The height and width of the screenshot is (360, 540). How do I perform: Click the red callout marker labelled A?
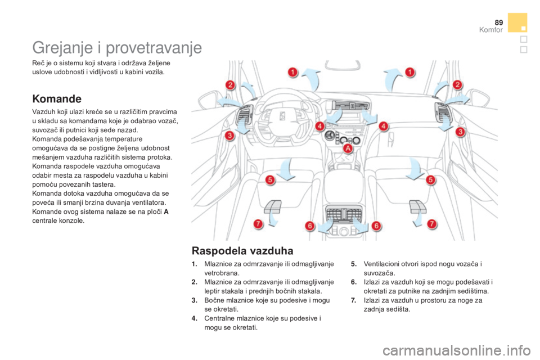click(348, 148)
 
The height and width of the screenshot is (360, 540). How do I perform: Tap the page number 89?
click(499, 22)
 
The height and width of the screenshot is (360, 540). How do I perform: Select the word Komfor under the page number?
click(490, 30)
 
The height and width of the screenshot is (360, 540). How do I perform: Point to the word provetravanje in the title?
click(154, 48)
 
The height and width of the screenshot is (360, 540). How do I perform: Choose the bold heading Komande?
click(57, 99)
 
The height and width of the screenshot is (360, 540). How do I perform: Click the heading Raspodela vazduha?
click(242, 250)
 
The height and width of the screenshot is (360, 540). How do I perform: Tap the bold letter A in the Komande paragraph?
click(166, 211)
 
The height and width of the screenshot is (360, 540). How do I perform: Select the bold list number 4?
click(195, 318)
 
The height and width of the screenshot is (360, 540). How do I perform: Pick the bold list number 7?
click(354, 300)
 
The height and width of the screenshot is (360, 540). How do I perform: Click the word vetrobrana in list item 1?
click(221, 273)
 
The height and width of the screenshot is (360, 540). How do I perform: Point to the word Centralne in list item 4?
click(219, 318)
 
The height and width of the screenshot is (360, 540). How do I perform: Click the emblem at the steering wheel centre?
click(282, 116)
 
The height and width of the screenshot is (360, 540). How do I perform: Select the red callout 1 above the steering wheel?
click(292, 73)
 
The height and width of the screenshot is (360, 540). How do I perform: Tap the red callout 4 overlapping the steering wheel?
click(319, 126)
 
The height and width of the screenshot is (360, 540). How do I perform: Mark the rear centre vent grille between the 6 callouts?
click(344, 214)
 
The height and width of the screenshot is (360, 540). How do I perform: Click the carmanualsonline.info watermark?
click(456, 350)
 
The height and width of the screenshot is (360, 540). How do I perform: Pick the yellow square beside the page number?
click(517, 22)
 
